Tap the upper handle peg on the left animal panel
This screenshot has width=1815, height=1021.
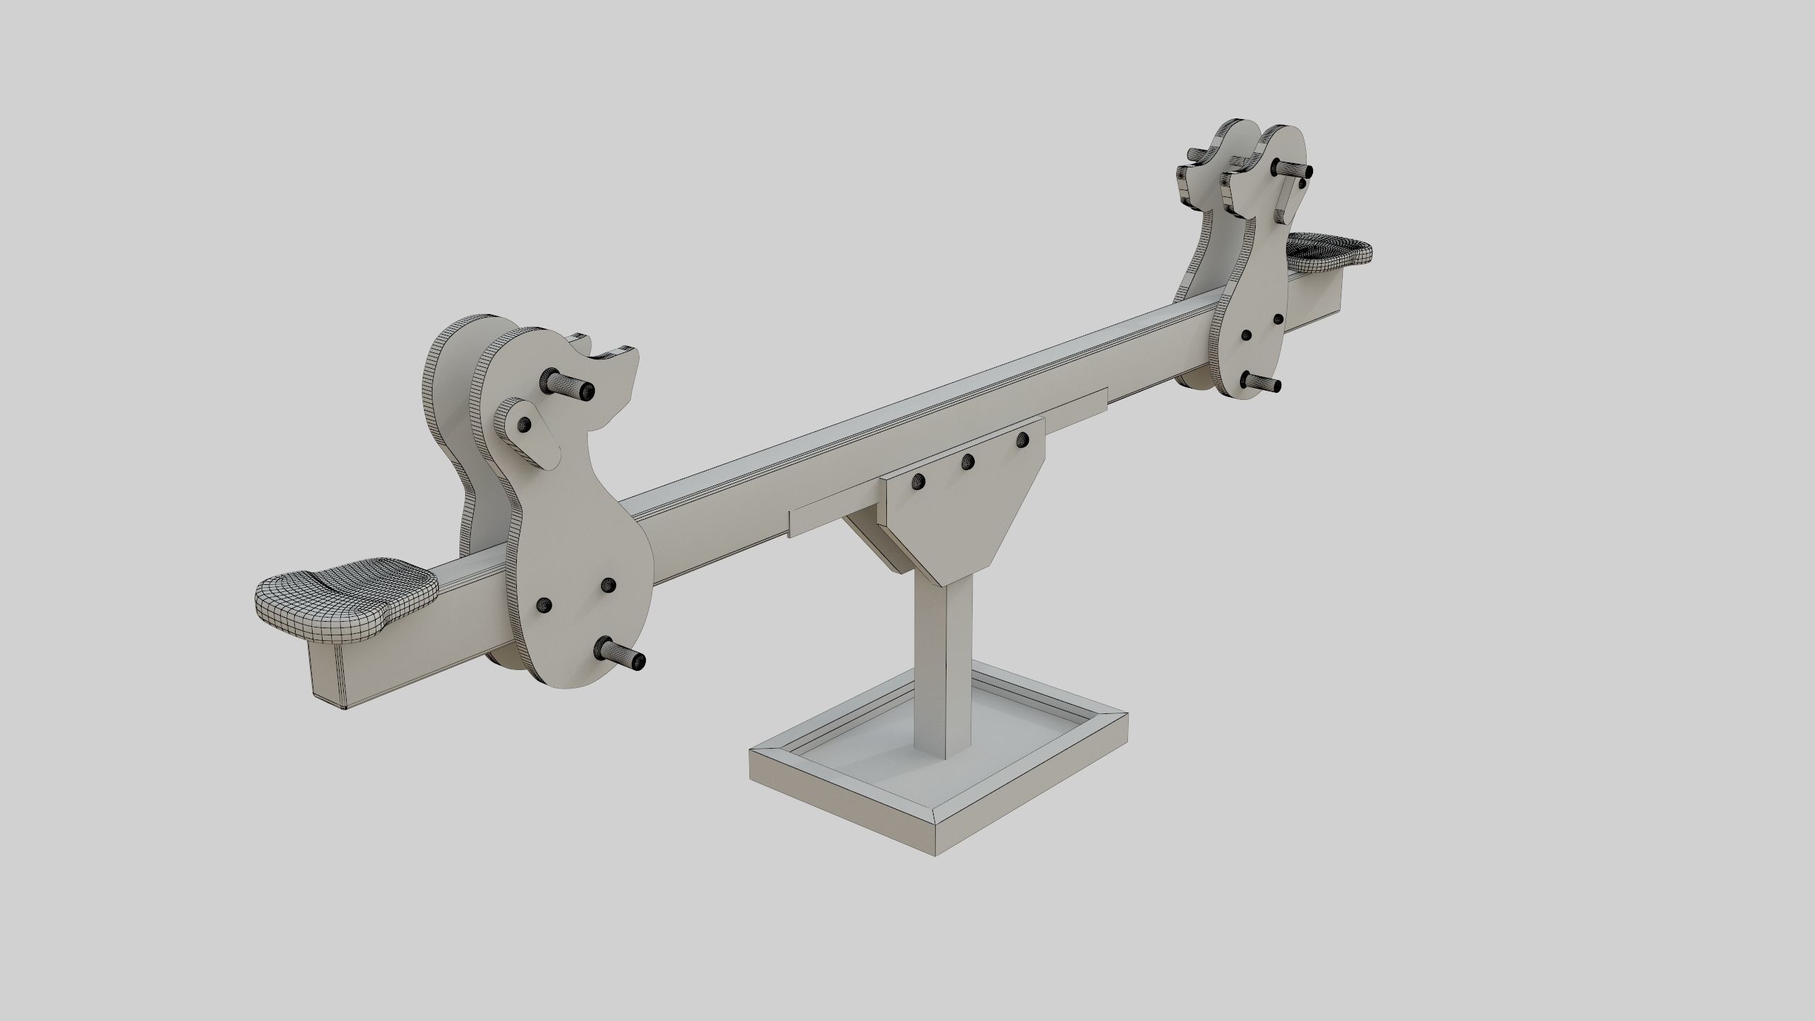pyautogui.click(x=571, y=386)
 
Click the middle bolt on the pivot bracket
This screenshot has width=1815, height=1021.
pyautogui.click(x=967, y=462)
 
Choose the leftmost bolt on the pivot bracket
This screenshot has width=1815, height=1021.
pyautogui.click(x=920, y=481)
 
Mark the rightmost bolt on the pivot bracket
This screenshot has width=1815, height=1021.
pyautogui.click(x=1022, y=440)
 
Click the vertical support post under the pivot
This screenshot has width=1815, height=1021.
pyautogui.click(x=944, y=681)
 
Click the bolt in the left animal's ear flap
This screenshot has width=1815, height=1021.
pyautogui.click(x=525, y=424)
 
